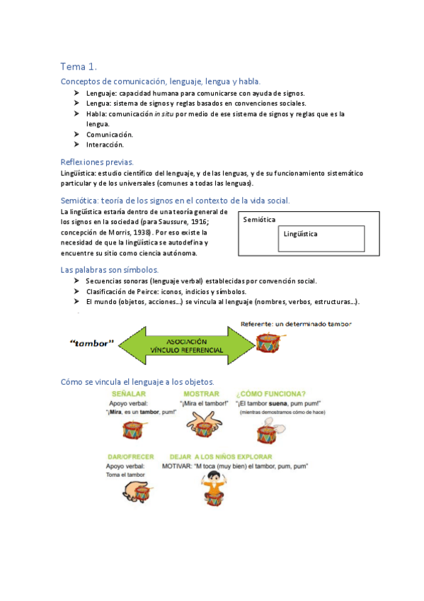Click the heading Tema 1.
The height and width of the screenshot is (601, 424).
(x=78, y=67)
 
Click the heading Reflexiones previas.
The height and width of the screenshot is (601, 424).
(x=97, y=162)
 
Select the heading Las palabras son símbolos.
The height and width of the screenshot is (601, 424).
(x=109, y=270)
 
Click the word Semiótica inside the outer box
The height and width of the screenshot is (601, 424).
(x=259, y=220)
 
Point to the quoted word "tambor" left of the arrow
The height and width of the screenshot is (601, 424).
(x=93, y=344)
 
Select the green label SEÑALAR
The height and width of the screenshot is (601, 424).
(x=129, y=394)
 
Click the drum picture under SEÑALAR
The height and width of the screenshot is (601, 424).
(x=132, y=429)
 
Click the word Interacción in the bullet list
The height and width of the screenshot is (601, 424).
(x=105, y=145)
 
